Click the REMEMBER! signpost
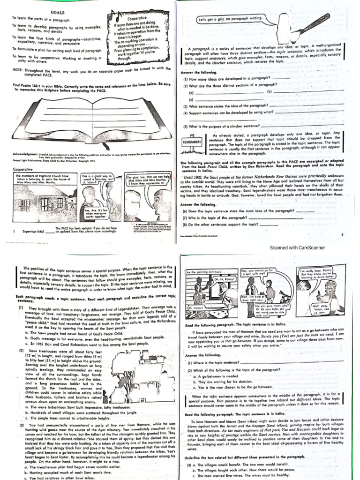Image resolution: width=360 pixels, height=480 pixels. [192, 141]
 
